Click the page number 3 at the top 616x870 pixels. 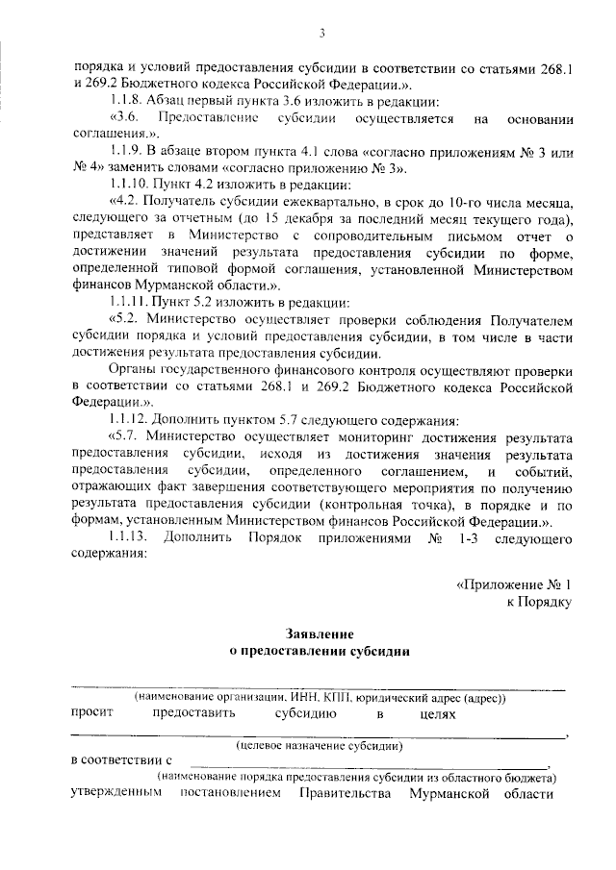[323, 36]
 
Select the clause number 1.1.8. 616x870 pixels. [127, 101]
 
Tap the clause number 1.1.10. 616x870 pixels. [130, 184]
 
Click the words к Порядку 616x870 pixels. [540, 602]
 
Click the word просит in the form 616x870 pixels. [92, 713]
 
